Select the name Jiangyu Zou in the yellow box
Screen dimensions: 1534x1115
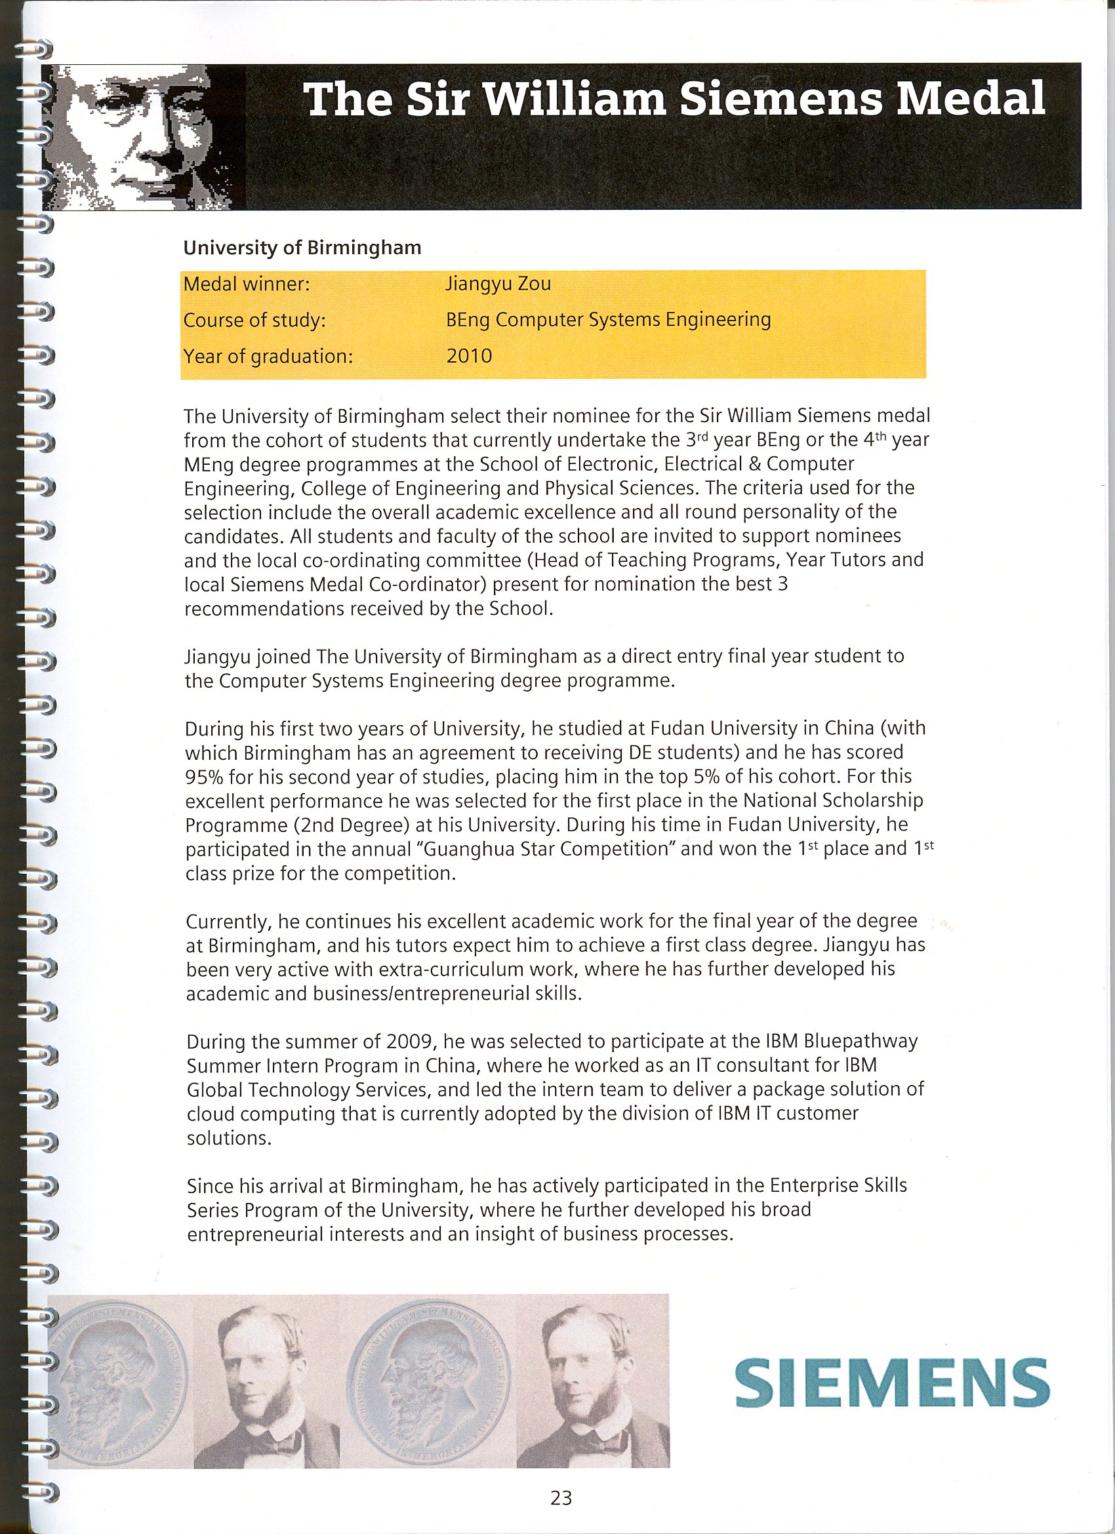pos(498,283)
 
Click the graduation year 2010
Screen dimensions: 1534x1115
pos(469,356)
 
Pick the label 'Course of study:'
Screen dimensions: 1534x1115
pos(254,320)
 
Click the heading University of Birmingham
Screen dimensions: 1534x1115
pos(302,248)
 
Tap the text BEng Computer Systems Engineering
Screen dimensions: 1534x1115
pos(608,319)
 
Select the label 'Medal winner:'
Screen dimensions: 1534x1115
pos(246,284)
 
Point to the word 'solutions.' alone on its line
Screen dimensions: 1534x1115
pos(229,1137)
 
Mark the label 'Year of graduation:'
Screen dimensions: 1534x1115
pos(268,356)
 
